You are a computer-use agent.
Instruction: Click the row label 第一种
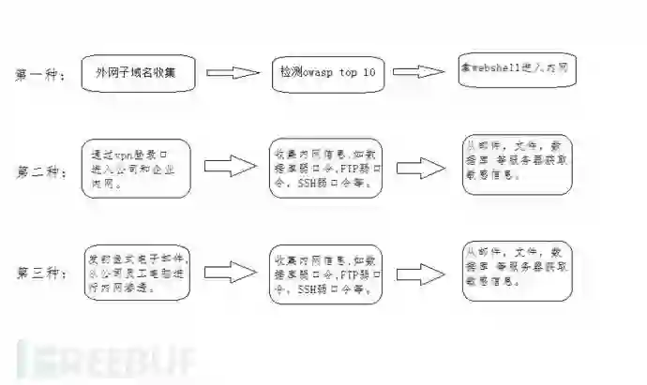pyautogui.click(x=40, y=75)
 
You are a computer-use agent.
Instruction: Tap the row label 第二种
pyautogui.click(x=40, y=171)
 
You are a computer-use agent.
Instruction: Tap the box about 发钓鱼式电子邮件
pyautogui.click(x=137, y=272)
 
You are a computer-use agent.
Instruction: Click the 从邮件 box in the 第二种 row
pyautogui.click(x=517, y=165)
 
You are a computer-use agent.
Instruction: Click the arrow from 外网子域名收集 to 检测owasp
pyautogui.click(x=231, y=72)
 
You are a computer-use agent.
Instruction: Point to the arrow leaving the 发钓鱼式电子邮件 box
pyautogui.click(x=230, y=272)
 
